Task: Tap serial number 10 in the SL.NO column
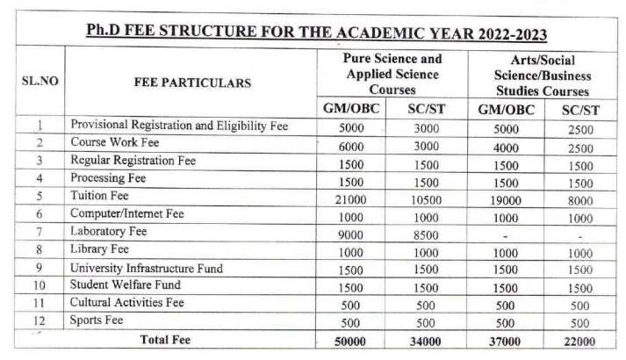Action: coord(36,286)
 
